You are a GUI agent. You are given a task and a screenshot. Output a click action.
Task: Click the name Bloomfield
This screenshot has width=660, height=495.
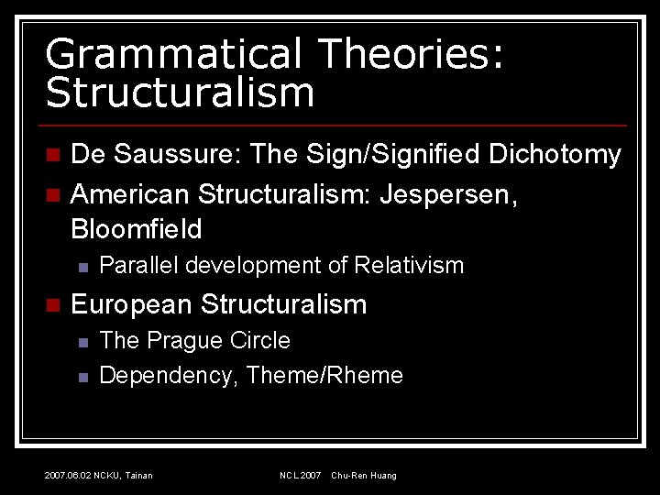(136, 228)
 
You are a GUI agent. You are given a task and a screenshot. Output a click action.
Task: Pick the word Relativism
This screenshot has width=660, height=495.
(409, 266)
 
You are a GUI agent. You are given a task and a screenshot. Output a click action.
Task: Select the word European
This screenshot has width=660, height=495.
(132, 304)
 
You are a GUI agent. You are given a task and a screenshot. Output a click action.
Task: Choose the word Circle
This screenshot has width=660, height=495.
(260, 341)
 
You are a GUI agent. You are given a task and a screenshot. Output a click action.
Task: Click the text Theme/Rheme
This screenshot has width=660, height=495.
(325, 375)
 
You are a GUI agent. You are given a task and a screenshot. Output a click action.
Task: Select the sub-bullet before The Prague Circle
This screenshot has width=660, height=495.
(82, 342)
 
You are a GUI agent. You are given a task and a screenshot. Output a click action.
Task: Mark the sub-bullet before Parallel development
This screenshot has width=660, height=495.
(82, 267)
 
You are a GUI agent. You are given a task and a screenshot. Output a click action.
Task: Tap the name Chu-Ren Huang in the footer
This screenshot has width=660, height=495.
(364, 476)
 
